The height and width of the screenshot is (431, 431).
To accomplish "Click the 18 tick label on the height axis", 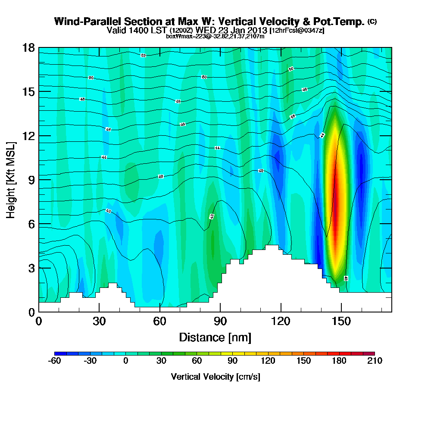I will [x=29, y=47].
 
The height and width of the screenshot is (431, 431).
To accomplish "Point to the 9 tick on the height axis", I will [x=39, y=180].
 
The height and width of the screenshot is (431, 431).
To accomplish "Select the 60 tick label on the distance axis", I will [x=159, y=322].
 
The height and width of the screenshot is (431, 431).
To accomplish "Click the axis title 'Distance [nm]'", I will [x=215, y=337].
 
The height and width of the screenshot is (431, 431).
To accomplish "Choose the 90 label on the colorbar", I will [x=232, y=361].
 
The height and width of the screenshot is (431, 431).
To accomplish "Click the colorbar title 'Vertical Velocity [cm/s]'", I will [x=215, y=377].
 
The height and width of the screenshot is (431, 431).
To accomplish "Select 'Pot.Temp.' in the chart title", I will [x=342, y=22].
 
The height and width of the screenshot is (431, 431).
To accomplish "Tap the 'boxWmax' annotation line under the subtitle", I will [x=215, y=36].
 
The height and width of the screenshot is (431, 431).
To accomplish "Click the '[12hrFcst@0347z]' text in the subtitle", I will [x=297, y=31].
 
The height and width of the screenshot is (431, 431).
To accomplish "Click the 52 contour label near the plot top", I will [x=143, y=55].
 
